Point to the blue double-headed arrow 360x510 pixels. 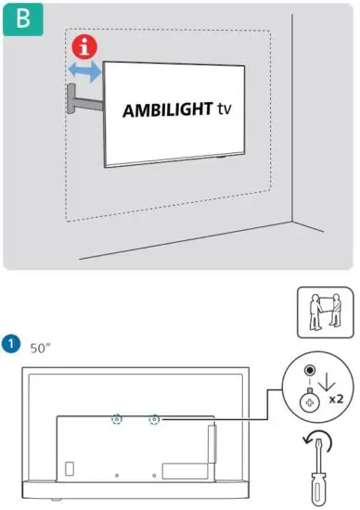point(83,71)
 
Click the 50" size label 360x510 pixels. point(40,348)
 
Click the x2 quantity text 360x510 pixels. point(339,400)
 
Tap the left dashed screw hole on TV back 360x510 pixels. point(117,419)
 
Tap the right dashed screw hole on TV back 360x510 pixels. point(153,419)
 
